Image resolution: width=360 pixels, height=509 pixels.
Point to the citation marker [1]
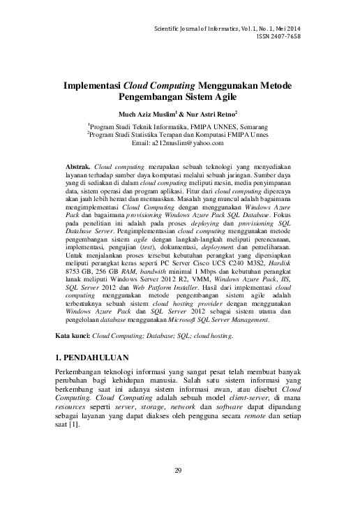(73, 425)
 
